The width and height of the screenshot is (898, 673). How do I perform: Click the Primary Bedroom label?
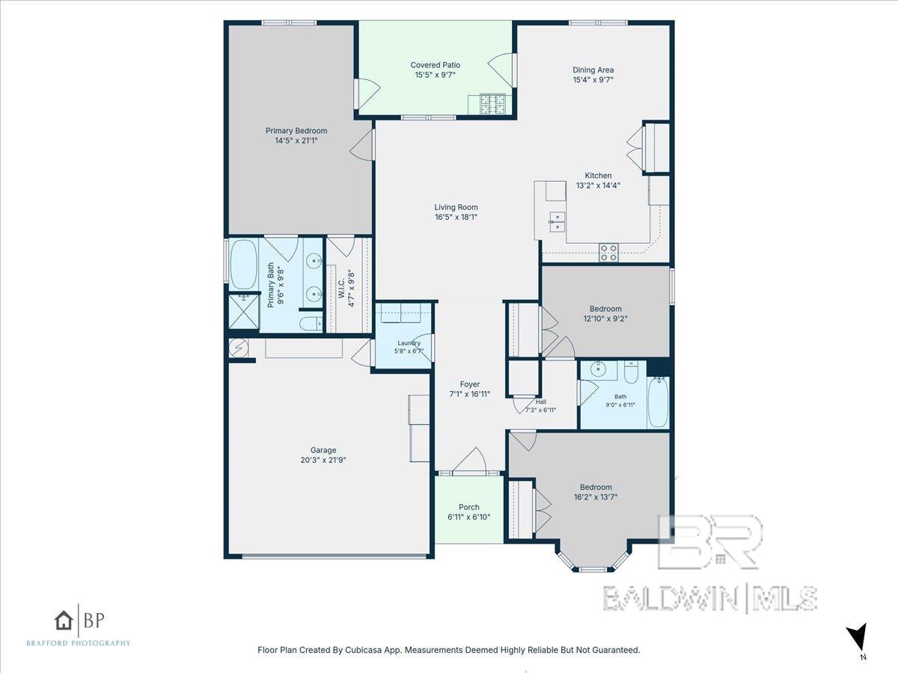tap(296, 131)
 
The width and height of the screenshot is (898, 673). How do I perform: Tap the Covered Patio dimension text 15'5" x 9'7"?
tap(435, 75)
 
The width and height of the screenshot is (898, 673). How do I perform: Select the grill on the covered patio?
tap(492, 104)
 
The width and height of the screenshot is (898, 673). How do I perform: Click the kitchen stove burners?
tap(608, 252)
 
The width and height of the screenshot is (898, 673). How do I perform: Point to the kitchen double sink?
tap(557, 222)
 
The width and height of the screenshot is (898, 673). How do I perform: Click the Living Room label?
tap(456, 207)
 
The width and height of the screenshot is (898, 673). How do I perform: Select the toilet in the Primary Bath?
tap(311, 324)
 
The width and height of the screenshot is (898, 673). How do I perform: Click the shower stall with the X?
tap(243, 311)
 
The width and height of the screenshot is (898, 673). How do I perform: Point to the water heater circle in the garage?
tap(238, 348)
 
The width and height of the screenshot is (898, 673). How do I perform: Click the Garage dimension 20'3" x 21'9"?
tap(323, 460)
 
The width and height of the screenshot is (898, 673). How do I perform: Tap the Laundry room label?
tap(409, 342)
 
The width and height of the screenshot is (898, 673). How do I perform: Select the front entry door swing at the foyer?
tap(469, 461)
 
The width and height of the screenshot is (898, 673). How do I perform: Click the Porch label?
tap(469, 507)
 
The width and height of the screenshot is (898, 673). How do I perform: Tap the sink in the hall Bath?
tap(598, 370)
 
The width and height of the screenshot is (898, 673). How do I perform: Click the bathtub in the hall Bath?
tap(658, 402)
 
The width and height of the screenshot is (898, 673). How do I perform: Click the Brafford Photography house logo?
tap(64, 621)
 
